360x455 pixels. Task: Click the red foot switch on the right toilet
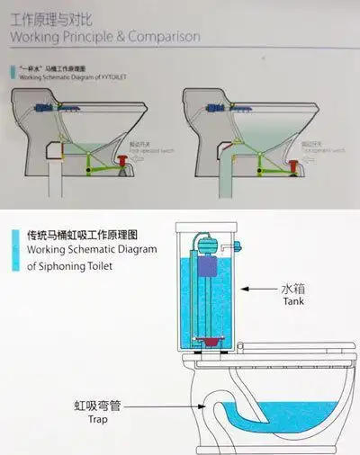[294, 165]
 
